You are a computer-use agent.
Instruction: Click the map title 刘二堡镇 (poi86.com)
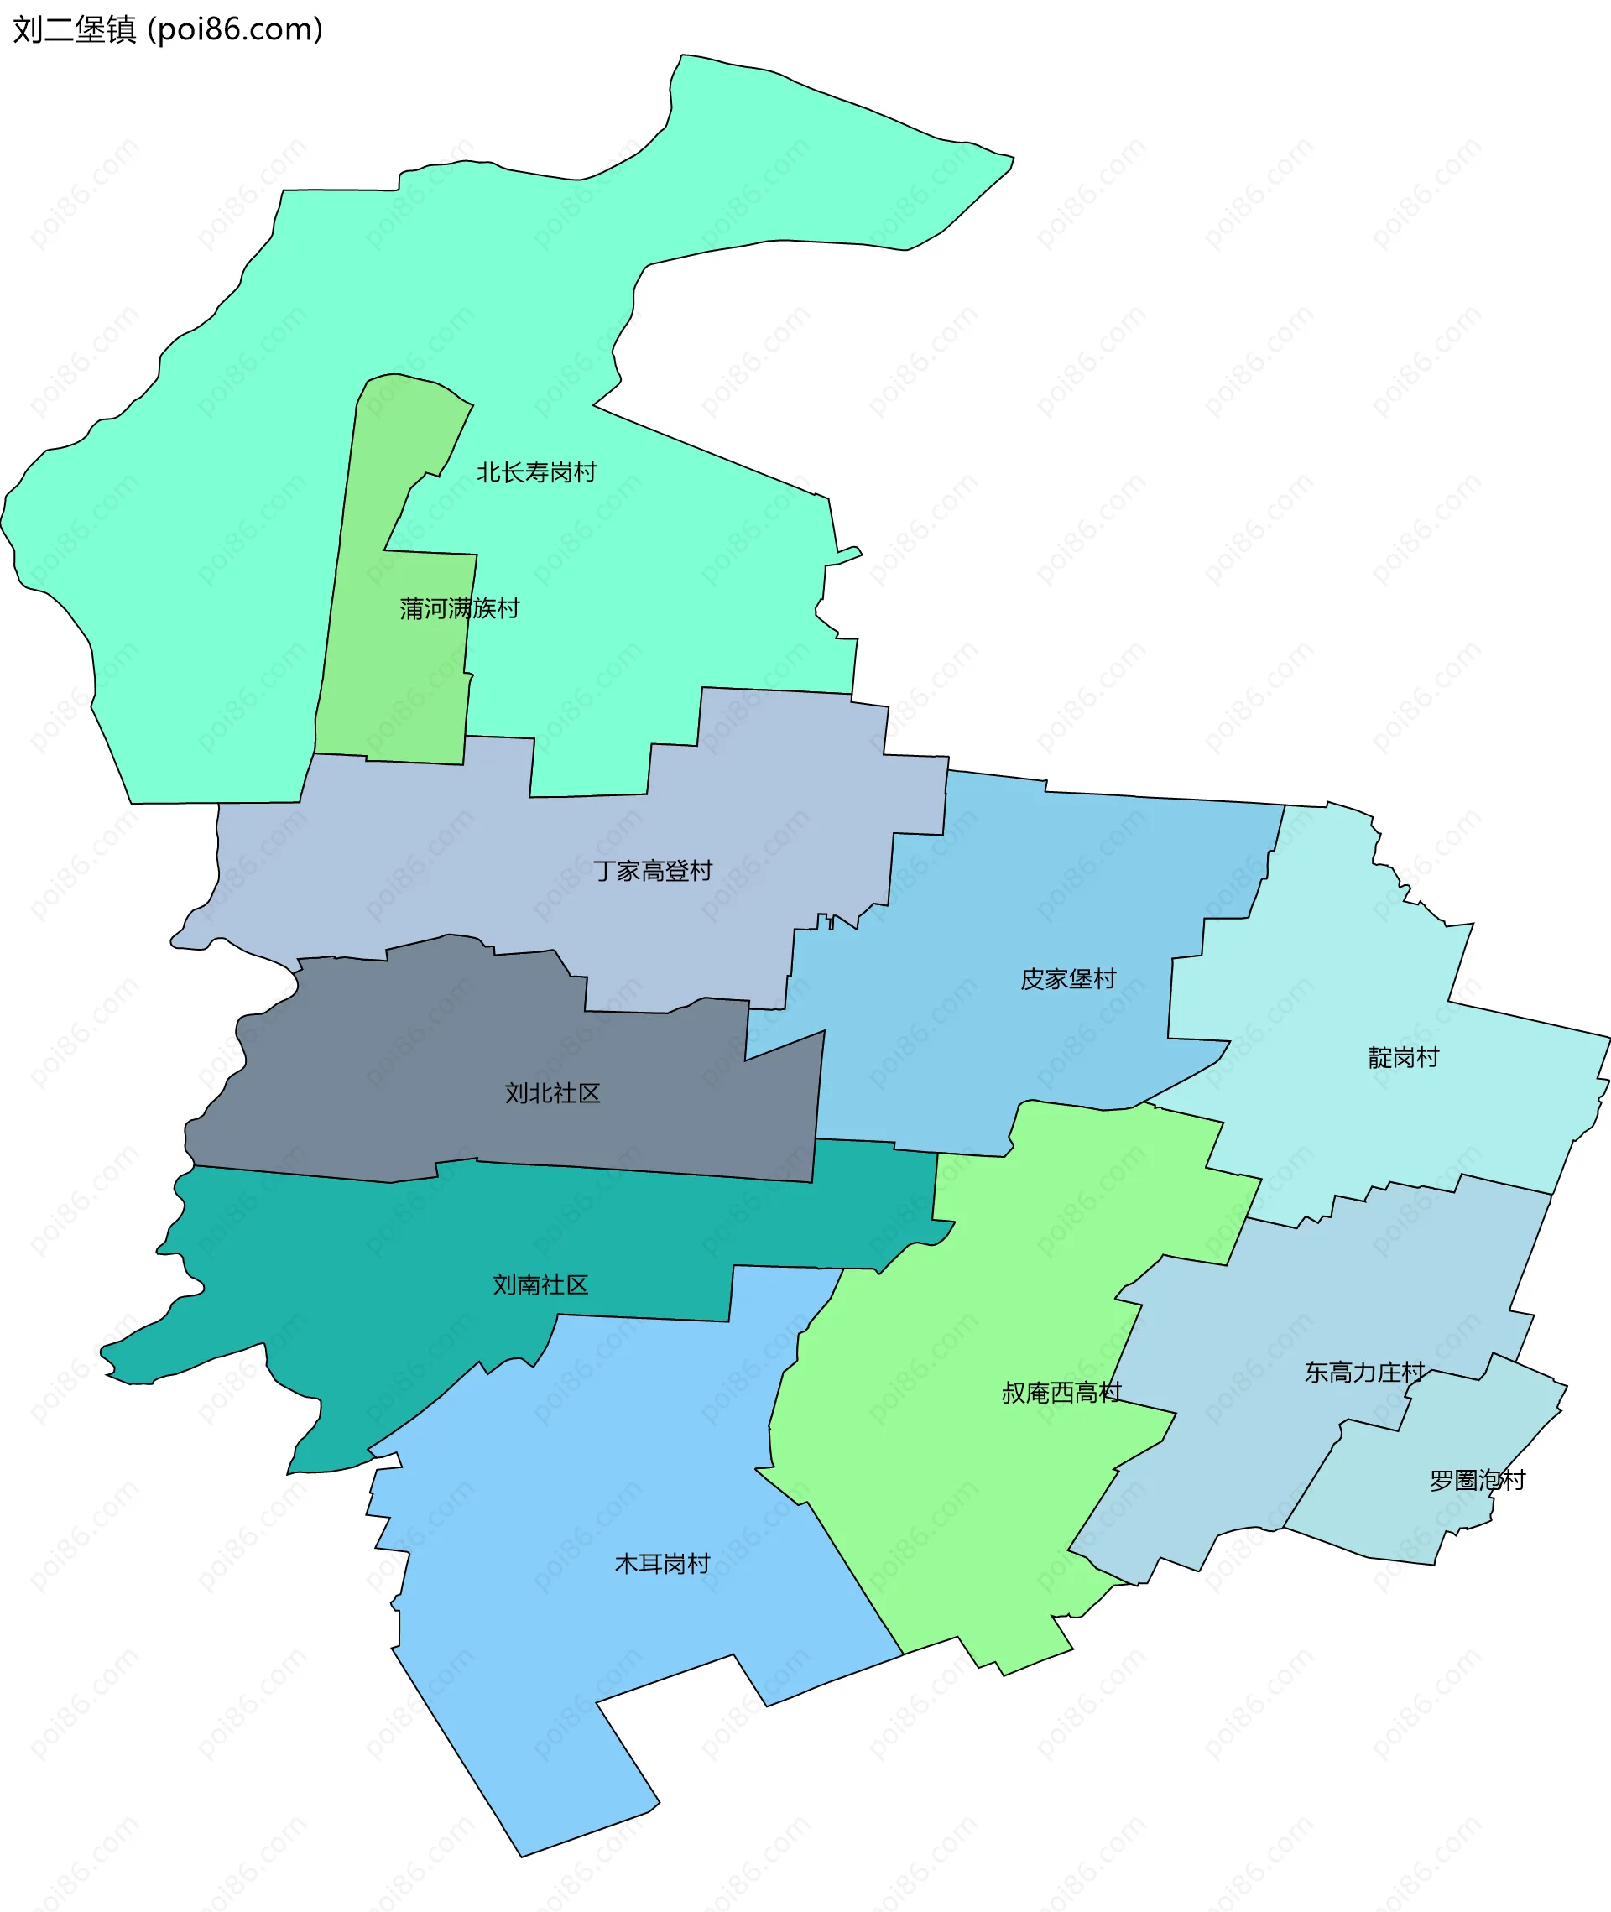[x=168, y=30]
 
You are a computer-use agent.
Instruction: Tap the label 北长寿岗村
[x=536, y=472]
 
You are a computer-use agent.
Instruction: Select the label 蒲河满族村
[x=459, y=608]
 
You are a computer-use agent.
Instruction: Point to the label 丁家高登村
[x=652, y=871]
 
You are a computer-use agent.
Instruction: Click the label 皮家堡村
[x=1067, y=979]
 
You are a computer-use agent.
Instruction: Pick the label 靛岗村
[x=1403, y=1057]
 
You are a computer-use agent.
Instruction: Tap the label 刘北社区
[x=553, y=1093]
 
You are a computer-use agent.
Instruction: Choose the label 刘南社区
[x=540, y=1284]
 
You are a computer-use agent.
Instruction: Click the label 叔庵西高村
[x=1061, y=1393]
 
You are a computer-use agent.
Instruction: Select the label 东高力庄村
[x=1364, y=1373]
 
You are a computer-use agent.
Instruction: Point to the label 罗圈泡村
[x=1477, y=1480]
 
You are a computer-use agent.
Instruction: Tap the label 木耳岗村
[x=662, y=1564]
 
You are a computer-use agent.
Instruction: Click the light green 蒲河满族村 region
[x=402, y=694]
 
